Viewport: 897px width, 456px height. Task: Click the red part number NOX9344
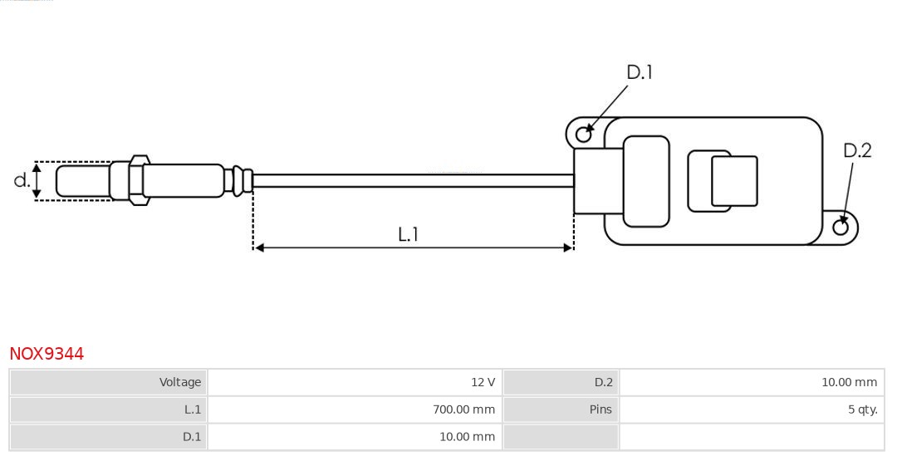[47, 354]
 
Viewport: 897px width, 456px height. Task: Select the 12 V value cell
[483, 382]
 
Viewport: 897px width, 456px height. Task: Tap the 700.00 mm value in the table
[463, 409]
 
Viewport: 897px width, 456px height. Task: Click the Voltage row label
[180, 382]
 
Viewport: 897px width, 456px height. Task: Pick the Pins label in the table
[600, 409]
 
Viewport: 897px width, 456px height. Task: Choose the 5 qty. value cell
[862, 409]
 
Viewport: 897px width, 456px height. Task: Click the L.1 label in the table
[192, 409]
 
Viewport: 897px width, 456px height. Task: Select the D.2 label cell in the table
[603, 382]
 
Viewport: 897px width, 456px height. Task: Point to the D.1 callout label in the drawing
[639, 73]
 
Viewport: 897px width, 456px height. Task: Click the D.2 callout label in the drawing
[857, 150]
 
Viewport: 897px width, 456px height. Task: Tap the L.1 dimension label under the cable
[408, 235]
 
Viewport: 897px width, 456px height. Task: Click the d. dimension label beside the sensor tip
[22, 180]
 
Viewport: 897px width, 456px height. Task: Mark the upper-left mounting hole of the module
[584, 133]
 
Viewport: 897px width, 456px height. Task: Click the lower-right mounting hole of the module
[840, 227]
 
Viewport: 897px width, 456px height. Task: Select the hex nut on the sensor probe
[139, 179]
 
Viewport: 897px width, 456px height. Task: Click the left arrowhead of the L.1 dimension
[259, 248]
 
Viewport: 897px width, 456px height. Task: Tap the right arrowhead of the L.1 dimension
[568, 248]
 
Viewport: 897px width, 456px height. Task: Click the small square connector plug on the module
[734, 181]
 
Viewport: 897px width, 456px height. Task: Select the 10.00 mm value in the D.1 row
[467, 437]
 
